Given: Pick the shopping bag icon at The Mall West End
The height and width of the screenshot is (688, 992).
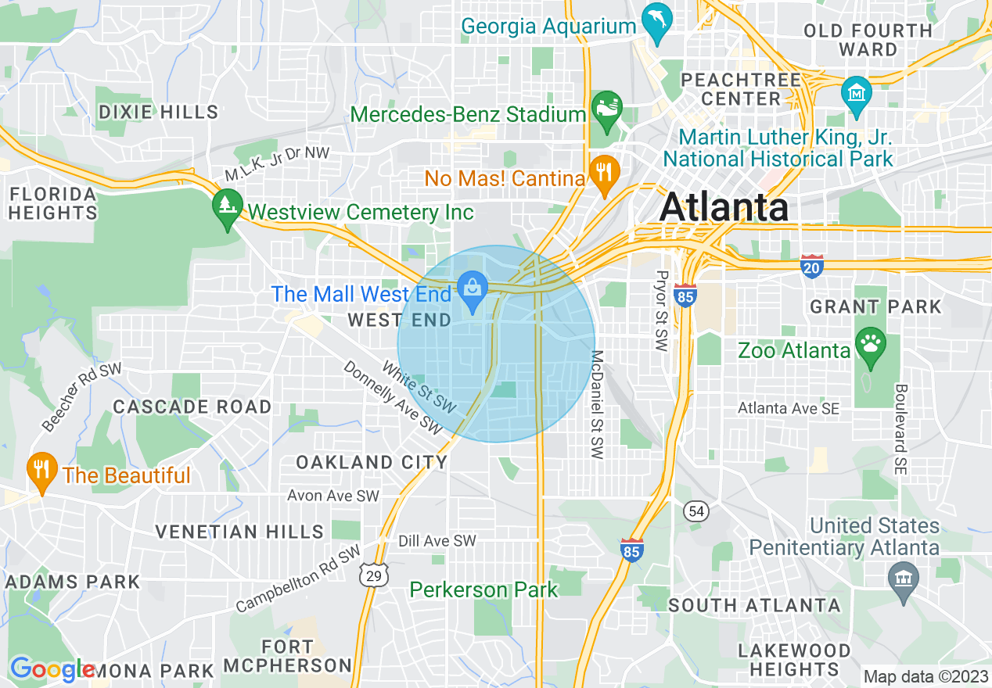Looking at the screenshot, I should (473, 289).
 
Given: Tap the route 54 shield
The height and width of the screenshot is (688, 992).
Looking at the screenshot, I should (695, 511).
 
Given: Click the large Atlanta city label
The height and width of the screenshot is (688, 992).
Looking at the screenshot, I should (724, 208).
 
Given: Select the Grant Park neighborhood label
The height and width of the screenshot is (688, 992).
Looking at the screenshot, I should (875, 306).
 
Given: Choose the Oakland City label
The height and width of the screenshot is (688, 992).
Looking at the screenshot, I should (372, 463).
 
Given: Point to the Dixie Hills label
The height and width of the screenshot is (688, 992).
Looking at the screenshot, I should (158, 112).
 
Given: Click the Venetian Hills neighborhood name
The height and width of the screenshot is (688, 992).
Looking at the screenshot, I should (239, 532).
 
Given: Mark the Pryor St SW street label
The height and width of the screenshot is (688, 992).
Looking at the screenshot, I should (662, 311).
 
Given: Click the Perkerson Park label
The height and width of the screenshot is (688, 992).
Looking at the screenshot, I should (483, 589).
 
